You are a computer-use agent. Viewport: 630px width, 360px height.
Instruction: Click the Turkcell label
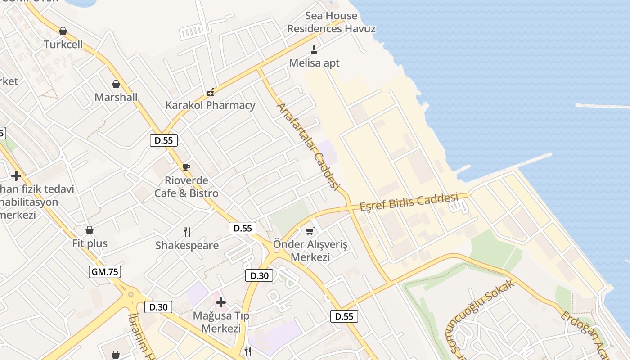click(63, 45)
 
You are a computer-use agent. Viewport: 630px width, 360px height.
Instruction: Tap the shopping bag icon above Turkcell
click(63, 31)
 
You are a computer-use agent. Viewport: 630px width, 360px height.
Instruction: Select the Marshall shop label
click(116, 97)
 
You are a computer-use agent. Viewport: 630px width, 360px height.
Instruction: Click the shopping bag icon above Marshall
click(116, 84)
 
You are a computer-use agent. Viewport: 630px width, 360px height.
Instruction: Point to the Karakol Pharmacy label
click(210, 105)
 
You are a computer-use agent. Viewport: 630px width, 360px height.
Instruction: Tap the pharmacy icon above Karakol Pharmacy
click(210, 92)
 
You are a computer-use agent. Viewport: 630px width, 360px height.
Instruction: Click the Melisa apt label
click(314, 63)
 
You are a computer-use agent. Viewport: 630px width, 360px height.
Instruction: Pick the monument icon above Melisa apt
click(314, 49)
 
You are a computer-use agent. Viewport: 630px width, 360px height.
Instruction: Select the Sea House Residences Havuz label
click(331, 22)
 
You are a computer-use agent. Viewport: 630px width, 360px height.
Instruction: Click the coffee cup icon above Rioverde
click(186, 167)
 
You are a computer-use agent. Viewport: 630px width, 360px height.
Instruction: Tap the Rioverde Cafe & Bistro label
click(186, 187)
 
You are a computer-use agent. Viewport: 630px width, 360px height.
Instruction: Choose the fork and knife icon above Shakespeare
click(187, 232)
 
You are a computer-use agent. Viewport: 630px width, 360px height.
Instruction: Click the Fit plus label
click(90, 243)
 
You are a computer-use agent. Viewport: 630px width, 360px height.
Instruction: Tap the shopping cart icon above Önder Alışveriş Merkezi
click(310, 231)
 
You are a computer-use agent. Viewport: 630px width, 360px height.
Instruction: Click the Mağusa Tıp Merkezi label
click(221, 322)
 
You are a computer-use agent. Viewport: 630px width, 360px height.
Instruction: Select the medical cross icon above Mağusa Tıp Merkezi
click(221, 302)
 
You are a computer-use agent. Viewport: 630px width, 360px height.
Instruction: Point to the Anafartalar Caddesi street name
click(308, 147)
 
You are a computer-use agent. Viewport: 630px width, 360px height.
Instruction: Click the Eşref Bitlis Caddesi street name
click(409, 202)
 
